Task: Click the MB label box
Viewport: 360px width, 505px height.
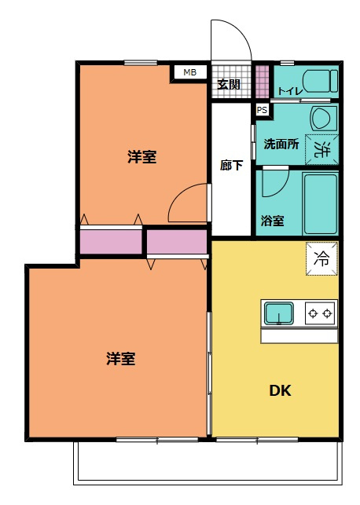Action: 189,72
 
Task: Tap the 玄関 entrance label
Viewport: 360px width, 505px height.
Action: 229,84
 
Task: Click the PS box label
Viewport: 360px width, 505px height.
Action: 262,110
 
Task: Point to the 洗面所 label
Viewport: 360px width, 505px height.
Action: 281,145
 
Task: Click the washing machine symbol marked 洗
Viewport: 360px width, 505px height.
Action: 320,148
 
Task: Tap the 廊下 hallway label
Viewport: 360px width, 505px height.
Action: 231,166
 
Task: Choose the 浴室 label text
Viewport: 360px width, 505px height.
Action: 273,222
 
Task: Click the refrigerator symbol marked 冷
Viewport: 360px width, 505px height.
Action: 322,256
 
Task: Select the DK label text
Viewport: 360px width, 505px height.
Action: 281,390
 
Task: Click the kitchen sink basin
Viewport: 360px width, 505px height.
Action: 279,314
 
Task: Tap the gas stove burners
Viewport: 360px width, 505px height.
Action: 320,314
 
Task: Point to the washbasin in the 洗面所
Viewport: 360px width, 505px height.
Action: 321,119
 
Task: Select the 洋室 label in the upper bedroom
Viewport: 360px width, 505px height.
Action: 141,157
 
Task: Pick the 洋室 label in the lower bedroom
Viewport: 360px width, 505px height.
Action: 121,359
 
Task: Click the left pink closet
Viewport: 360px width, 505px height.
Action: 111,241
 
